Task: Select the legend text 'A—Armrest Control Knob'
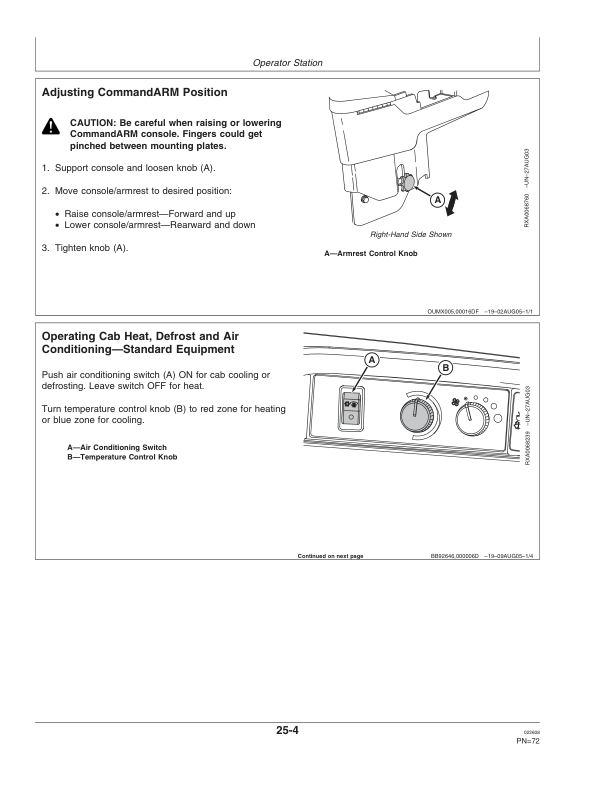tap(371, 254)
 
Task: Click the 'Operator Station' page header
tap(288, 63)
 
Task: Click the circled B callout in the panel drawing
tap(445, 367)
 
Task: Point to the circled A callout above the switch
tap(370, 359)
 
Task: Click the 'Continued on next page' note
tap(330, 555)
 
